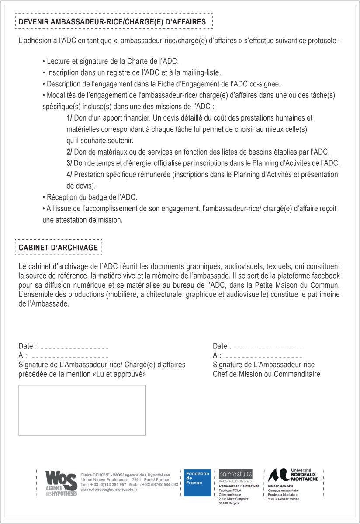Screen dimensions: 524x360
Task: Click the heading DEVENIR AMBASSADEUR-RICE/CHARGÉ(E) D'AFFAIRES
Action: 114,21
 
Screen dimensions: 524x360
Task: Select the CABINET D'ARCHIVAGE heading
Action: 58,247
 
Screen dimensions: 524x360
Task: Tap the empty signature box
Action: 82,410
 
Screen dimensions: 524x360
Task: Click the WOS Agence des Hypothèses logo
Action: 61,483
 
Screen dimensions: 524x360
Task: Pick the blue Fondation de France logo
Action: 197,483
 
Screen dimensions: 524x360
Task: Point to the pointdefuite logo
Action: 235,474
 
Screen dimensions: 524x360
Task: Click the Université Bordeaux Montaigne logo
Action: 296,475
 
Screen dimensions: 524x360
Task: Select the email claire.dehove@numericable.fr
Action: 109,490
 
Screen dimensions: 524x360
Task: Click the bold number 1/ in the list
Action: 69,118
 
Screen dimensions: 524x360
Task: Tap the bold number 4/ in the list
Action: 69,175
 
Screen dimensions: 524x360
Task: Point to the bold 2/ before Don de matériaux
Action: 69,152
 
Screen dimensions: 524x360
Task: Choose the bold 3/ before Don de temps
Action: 69,163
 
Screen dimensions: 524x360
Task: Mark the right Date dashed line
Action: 268,348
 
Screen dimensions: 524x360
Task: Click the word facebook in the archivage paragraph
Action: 323,276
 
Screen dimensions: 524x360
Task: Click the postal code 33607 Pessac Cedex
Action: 284,499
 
